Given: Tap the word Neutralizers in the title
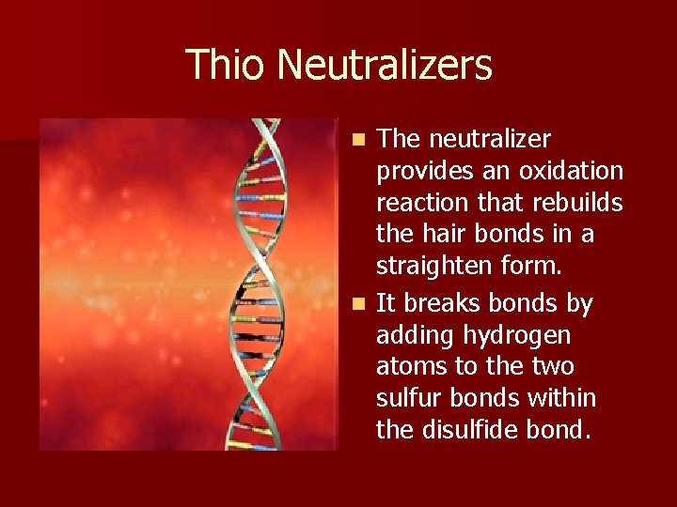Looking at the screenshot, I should point(385,65).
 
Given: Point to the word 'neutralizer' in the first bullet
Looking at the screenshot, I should point(490,139).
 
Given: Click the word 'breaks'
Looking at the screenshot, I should point(448,303).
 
